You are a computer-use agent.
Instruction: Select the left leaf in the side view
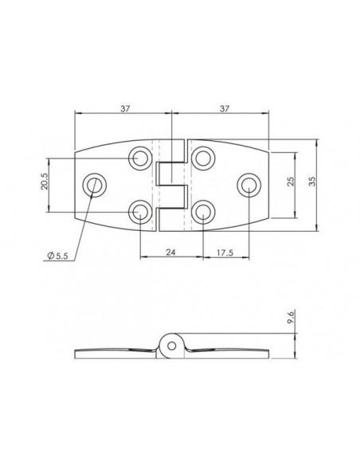(x=115, y=352)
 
